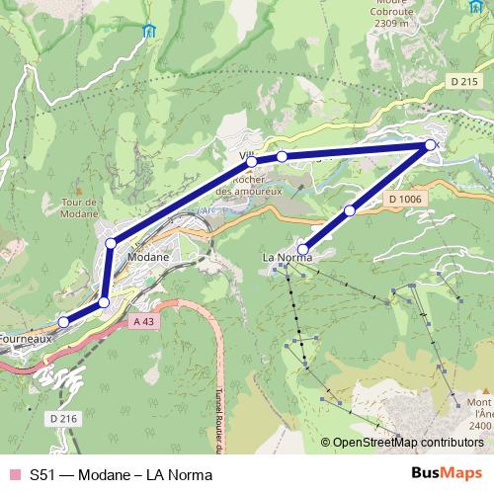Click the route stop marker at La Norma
(x=303, y=249)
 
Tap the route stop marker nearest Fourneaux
(x=64, y=321)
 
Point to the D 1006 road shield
(x=405, y=200)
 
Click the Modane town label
(x=148, y=257)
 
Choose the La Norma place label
(x=287, y=258)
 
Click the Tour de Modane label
(x=79, y=208)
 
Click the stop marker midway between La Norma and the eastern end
(x=350, y=210)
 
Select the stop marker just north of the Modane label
(x=111, y=242)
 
